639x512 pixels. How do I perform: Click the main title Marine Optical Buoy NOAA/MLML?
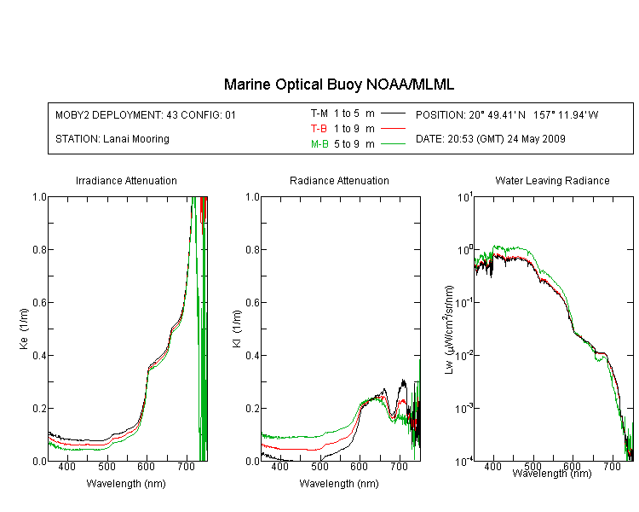click(339, 84)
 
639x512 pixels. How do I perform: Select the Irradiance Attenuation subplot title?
click(126, 180)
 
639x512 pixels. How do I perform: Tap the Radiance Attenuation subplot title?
click(339, 180)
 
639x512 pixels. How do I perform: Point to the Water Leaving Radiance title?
click(553, 180)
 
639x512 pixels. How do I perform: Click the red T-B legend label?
click(319, 129)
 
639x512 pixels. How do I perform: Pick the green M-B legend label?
click(319, 143)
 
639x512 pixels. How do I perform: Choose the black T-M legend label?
click(319, 113)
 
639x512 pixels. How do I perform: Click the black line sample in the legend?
click(393, 113)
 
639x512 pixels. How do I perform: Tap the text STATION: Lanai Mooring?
click(112, 139)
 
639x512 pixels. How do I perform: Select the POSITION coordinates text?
click(507, 114)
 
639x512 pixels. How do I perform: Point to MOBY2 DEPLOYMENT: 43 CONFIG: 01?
click(146, 114)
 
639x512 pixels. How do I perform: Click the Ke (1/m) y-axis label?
click(24, 329)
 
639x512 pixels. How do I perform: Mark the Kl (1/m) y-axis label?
click(237, 329)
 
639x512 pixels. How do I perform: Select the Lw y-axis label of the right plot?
click(449, 329)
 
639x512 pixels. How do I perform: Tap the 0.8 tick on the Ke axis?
click(39, 249)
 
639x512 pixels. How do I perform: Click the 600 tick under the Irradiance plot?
click(147, 466)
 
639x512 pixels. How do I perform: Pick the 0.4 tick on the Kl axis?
click(253, 355)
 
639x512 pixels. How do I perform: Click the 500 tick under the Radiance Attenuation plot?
click(319, 466)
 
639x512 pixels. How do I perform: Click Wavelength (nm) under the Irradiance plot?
click(126, 484)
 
